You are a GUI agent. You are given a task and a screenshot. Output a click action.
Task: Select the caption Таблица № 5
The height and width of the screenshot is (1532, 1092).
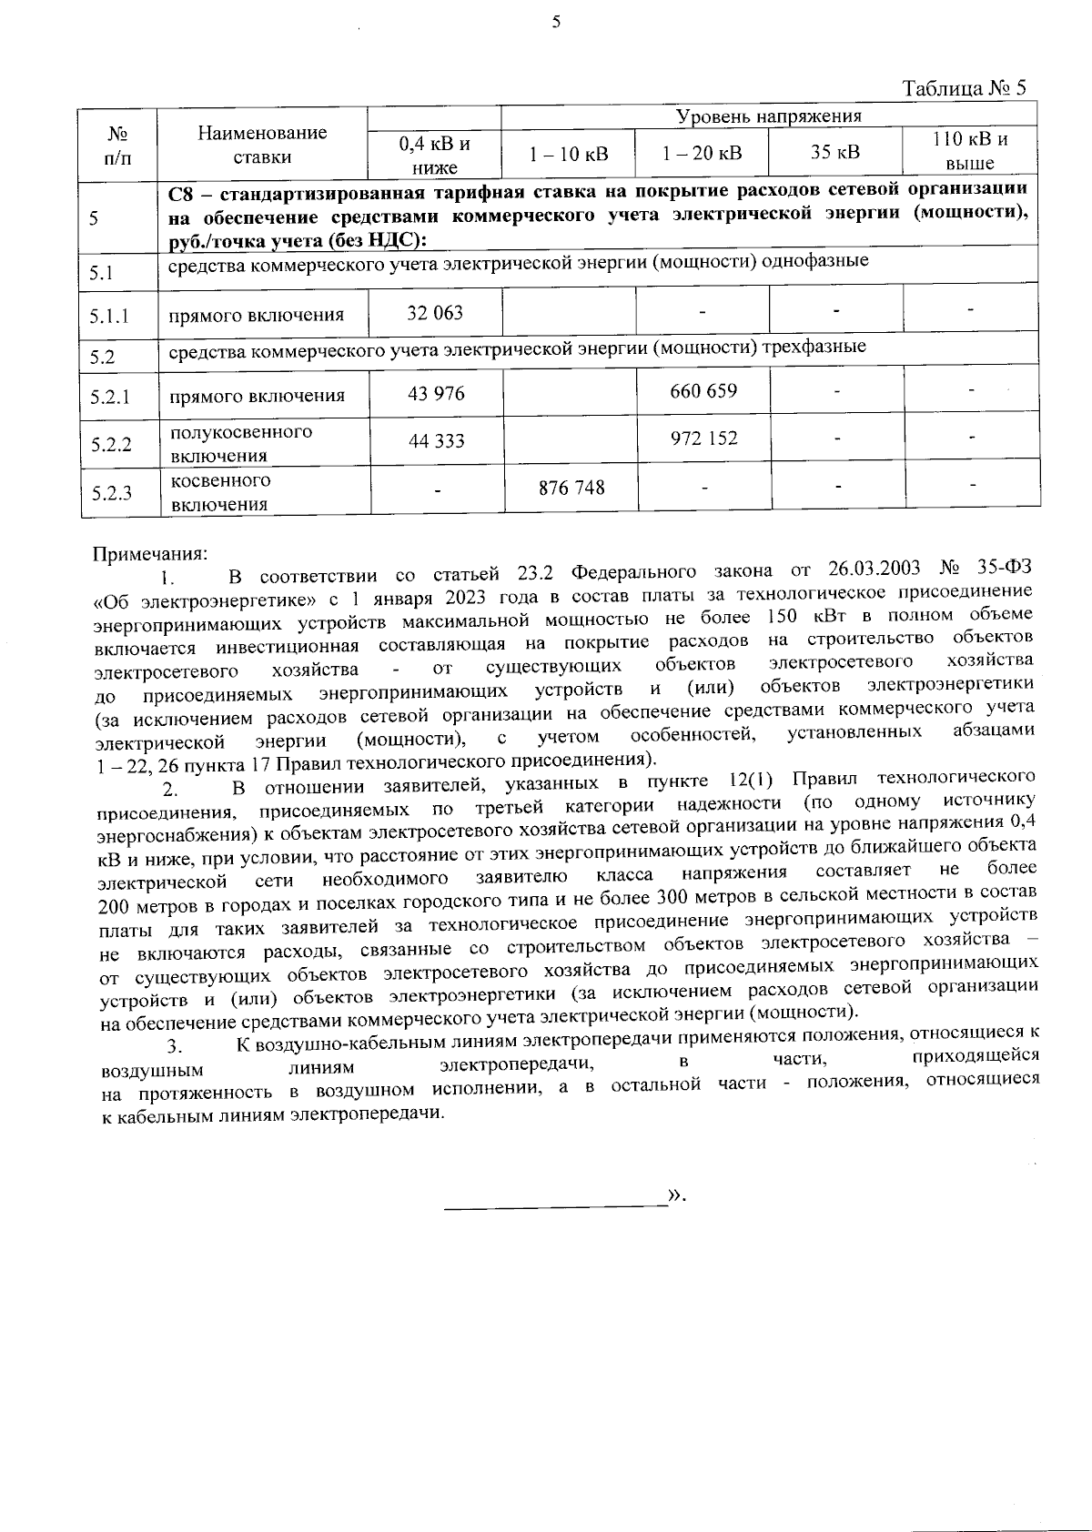coord(964,88)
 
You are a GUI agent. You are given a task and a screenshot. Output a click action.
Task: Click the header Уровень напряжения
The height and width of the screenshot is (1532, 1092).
coord(768,116)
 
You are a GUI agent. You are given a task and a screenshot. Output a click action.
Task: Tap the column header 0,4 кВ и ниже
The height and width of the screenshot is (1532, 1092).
coord(435,154)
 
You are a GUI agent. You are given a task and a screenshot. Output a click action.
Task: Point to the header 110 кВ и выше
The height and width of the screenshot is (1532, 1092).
coord(970,152)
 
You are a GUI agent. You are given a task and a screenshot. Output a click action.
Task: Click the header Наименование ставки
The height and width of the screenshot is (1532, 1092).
coord(262,145)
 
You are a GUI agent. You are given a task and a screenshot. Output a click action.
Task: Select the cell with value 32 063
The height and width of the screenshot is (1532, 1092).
coord(435,313)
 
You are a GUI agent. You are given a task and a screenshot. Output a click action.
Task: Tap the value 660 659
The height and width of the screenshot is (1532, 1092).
coord(703,391)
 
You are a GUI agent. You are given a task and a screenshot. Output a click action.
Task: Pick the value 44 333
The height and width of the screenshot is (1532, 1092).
coord(436,441)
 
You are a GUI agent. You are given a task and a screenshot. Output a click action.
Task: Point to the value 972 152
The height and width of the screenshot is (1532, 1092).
coord(703,438)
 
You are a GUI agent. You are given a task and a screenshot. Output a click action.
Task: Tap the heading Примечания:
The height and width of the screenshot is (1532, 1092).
coord(151,552)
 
